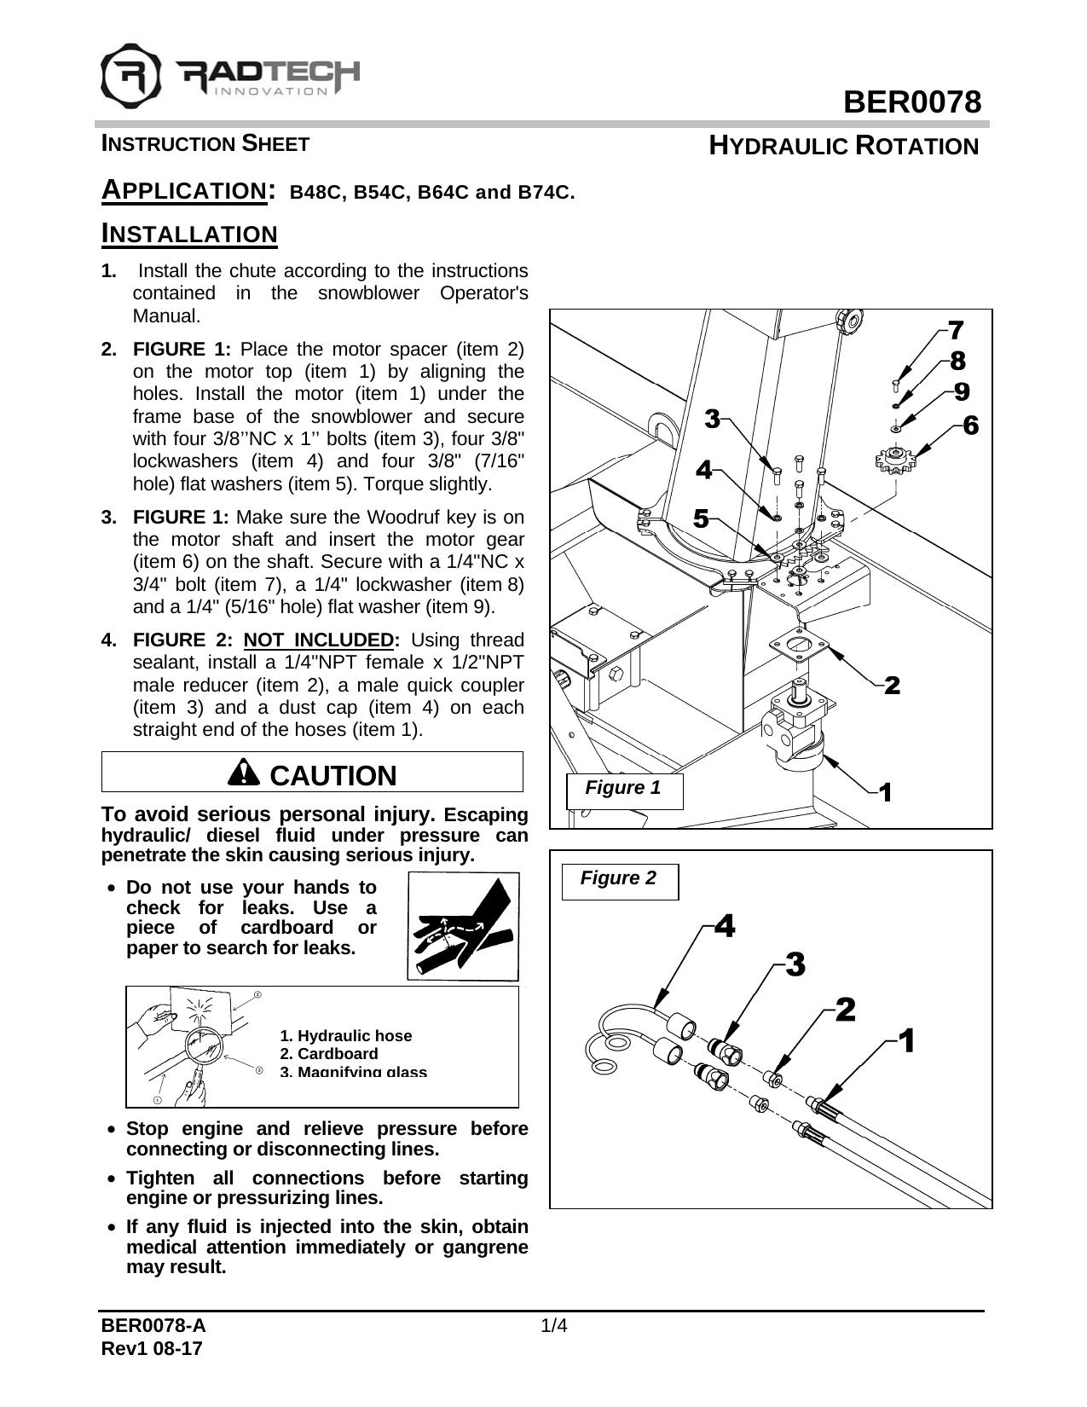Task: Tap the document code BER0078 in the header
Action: (912, 103)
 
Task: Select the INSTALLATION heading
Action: (189, 234)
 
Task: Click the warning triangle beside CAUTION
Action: (245, 773)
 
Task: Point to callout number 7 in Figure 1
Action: (956, 329)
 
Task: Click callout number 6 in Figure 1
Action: (969, 424)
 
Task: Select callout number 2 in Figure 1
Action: (892, 685)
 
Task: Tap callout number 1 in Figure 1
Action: (885, 792)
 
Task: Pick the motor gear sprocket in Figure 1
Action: (893, 462)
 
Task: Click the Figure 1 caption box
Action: (623, 789)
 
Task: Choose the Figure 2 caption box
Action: (619, 879)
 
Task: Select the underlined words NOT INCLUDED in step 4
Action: (318, 640)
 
